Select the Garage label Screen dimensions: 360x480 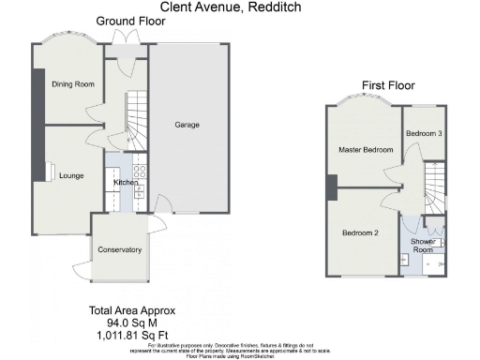coord(187,125)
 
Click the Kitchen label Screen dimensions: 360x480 coord(126,182)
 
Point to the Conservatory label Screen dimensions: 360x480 coord(119,249)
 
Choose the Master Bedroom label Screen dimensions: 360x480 coord(365,150)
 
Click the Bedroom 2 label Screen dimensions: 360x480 coord(360,232)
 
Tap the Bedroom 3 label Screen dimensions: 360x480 coord(424,134)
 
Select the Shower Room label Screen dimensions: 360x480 coord(422,245)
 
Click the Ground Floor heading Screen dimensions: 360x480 coord(126,21)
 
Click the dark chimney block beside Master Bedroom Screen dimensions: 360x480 coord(331,188)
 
